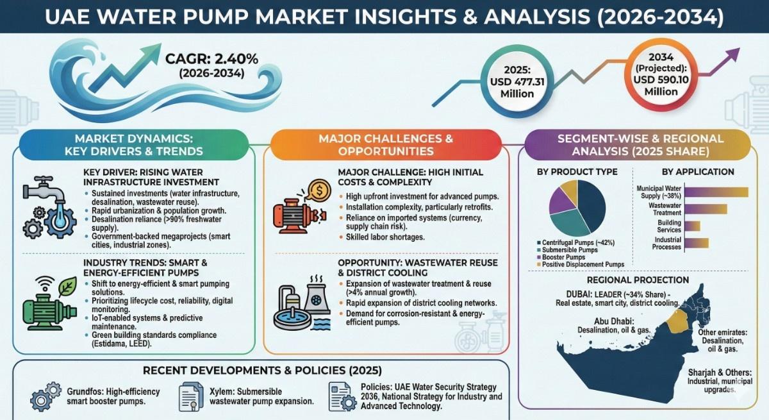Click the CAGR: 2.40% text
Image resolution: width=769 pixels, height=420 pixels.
[x=211, y=59]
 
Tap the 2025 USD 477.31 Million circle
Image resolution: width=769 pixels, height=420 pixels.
[x=517, y=82]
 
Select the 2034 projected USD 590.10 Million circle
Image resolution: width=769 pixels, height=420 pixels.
[x=661, y=75]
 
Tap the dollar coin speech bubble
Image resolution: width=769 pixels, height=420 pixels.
[x=318, y=191]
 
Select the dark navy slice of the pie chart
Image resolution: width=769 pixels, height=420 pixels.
[x=590, y=205]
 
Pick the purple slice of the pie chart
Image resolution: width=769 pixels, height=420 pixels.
[x=561, y=201]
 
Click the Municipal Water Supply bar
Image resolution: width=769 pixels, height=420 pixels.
[x=716, y=192]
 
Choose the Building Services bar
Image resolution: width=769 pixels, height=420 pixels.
[x=692, y=226]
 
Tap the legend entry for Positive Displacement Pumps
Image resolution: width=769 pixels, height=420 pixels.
[x=581, y=264]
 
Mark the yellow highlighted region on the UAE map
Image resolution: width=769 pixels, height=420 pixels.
[x=677, y=321]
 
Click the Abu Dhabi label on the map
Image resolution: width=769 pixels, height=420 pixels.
[x=614, y=321]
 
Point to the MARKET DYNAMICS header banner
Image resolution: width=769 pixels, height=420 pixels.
[x=134, y=145]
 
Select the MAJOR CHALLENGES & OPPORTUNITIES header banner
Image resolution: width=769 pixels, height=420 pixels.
[x=386, y=145]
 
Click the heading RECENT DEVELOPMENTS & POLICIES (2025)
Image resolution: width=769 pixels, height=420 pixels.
[x=262, y=371]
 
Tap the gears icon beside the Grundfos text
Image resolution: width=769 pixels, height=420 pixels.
[x=45, y=397]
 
